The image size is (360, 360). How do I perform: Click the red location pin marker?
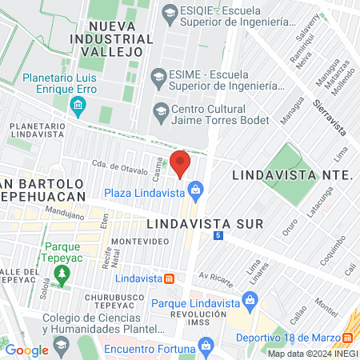(x=180, y=162)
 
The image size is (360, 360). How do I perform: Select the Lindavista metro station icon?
(x=170, y=278)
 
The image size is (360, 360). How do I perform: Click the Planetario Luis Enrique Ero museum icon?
(x=78, y=105)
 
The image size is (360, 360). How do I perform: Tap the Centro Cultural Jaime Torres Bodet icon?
(x=160, y=110)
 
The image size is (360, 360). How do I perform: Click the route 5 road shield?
(x=218, y=236)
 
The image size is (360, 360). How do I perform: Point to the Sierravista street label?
(x=329, y=116)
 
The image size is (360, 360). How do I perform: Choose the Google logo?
(x=27, y=350)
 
